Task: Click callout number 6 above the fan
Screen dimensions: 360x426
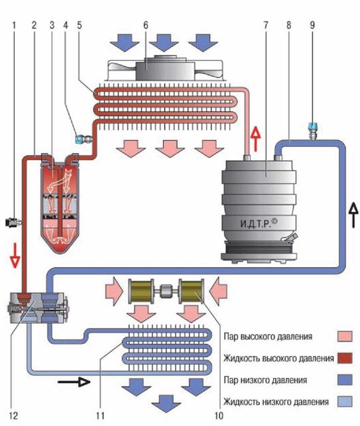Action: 146,25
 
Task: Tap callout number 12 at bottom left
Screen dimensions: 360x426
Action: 13,415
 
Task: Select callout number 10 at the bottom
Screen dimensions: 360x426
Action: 219,415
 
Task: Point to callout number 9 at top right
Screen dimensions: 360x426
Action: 312,25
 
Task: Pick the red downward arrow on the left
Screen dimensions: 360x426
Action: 15,255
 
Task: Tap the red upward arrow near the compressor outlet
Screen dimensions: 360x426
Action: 256,139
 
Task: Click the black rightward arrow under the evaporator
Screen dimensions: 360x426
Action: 74,382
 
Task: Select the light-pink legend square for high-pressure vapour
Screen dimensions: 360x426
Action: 345,337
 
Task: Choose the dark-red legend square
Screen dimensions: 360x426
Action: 345,358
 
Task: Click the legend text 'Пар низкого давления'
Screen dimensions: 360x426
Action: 265,380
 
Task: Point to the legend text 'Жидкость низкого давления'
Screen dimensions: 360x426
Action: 276,401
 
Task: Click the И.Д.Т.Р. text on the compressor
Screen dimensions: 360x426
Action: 259,223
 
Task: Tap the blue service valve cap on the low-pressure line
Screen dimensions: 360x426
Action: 313,126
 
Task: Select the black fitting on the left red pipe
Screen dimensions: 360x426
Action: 13,222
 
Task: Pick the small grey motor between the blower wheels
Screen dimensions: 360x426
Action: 166,292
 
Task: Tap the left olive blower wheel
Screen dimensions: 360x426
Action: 141,292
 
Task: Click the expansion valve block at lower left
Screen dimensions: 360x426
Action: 37,308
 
